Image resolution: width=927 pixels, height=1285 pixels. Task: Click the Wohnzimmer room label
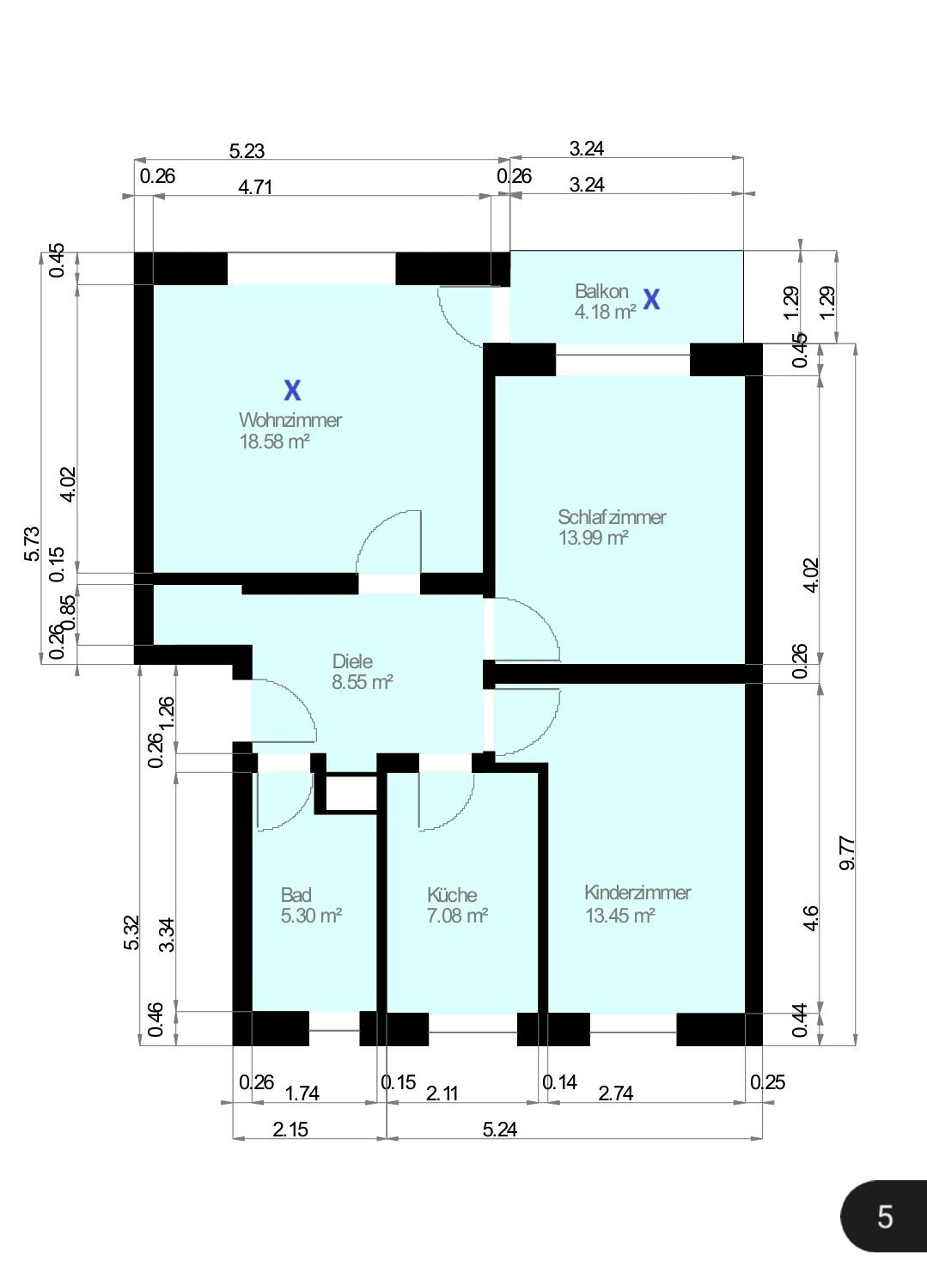click(x=290, y=420)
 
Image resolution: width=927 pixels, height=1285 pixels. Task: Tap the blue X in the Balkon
click(x=652, y=300)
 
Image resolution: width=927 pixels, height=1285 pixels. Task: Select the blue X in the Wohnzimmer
click(x=292, y=391)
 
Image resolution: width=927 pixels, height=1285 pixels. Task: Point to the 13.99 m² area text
click(x=593, y=539)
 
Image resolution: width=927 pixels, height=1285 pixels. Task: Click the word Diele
click(x=352, y=661)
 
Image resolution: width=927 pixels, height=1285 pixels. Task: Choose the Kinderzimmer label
click(x=637, y=892)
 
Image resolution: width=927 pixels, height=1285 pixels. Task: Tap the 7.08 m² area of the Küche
click(x=457, y=916)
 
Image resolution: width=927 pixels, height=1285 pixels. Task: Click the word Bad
click(x=296, y=895)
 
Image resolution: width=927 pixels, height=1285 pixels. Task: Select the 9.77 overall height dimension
click(x=847, y=853)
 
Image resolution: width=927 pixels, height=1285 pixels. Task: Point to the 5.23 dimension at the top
click(x=247, y=151)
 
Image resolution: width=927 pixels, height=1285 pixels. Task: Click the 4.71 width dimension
click(x=255, y=187)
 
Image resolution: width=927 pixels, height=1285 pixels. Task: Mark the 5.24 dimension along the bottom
click(x=499, y=1130)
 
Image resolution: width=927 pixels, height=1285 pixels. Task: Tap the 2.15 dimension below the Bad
click(x=290, y=1130)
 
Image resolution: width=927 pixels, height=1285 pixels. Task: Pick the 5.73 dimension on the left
click(x=31, y=544)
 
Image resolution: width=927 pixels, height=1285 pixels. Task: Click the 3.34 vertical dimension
click(x=167, y=935)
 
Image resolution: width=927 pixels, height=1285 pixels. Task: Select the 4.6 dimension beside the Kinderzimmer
click(x=810, y=917)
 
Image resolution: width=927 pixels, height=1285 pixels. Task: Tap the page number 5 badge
click(x=884, y=1216)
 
